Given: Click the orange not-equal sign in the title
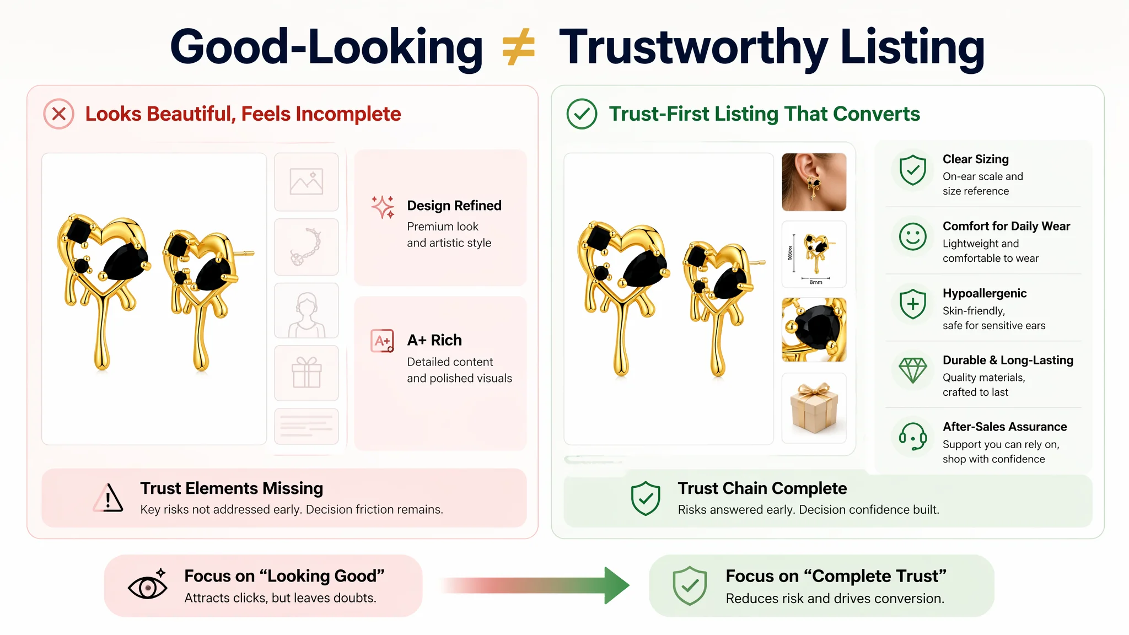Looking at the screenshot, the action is [x=519, y=47].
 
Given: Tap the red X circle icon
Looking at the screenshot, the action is [x=59, y=114].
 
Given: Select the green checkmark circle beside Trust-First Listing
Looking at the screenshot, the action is [x=582, y=114].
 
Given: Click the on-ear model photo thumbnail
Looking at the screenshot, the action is [x=814, y=182].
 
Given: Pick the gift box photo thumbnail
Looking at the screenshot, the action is [x=814, y=408].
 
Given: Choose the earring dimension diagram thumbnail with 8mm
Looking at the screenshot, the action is [x=814, y=254].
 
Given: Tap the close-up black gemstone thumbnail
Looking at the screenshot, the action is [x=814, y=330].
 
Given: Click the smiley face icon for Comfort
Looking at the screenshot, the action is [x=913, y=236].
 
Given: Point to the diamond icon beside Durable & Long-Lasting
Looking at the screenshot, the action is [x=913, y=370].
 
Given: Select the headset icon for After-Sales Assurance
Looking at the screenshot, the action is [x=913, y=437].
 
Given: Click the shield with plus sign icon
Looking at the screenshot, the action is [x=913, y=304].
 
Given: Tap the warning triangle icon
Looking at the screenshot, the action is [x=108, y=498].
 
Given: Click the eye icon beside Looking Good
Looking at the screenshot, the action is [x=148, y=586].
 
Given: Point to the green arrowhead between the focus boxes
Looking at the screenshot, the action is [x=617, y=585].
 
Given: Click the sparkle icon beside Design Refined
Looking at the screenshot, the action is [x=383, y=207].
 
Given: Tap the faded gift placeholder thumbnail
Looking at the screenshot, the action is [x=307, y=373].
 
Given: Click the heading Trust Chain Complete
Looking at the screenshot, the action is [x=762, y=488].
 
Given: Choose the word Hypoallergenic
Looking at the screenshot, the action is [x=985, y=293].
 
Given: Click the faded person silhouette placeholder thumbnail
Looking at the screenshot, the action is [x=307, y=311].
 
